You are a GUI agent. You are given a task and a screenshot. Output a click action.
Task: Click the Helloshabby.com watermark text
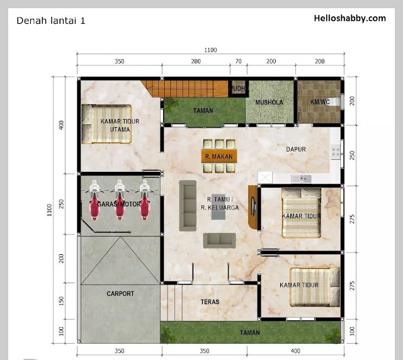(350, 18)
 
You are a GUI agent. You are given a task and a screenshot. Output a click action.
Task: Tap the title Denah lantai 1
(50, 21)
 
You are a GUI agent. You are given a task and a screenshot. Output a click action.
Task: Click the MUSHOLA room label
(270, 102)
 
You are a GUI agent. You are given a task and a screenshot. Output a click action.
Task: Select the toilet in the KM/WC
(336, 102)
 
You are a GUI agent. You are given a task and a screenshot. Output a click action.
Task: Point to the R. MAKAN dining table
(219, 156)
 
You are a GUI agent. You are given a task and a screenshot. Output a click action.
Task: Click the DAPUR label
(296, 149)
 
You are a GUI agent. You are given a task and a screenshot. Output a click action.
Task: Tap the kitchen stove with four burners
(336, 152)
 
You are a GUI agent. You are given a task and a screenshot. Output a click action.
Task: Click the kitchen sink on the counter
(302, 179)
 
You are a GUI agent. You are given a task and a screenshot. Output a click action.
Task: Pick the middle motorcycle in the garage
(120, 200)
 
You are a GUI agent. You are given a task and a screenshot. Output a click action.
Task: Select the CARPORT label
(120, 293)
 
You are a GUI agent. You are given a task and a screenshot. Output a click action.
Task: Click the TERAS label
(210, 302)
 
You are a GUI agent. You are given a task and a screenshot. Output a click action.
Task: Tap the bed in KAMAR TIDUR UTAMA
(106, 124)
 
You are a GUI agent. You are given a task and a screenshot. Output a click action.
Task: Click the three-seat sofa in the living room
(188, 206)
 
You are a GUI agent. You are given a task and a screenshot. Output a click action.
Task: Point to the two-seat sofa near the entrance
(220, 240)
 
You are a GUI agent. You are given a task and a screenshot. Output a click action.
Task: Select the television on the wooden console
(254, 207)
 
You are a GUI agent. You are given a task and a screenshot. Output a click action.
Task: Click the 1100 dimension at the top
(210, 50)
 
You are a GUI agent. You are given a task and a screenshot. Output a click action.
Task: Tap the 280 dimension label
(196, 61)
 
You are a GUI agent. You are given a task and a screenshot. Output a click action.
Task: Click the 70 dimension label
(239, 61)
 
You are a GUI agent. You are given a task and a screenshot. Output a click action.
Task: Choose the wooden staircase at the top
(184, 89)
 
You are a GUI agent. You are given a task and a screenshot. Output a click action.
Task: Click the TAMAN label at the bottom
(250, 333)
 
